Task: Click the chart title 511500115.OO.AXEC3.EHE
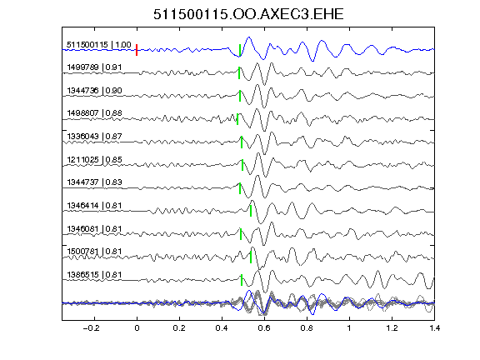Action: (x=248, y=14)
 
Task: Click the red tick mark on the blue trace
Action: (x=137, y=50)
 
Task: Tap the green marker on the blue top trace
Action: (x=240, y=50)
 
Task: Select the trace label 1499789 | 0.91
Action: (x=94, y=67)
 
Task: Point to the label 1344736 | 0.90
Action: (x=94, y=91)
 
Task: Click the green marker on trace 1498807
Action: (x=237, y=119)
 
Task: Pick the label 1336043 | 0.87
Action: (x=94, y=136)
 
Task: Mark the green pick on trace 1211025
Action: (x=242, y=165)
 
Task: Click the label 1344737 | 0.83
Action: (x=94, y=182)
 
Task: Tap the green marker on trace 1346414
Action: (x=251, y=211)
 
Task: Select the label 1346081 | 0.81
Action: (x=94, y=228)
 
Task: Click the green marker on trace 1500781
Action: (x=251, y=257)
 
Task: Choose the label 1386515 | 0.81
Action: (x=94, y=275)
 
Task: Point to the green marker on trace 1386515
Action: (x=242, y=280)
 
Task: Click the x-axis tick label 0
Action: (x=137, y=328)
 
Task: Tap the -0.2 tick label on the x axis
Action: (x=91, y=328)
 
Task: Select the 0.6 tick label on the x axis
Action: (x=264, y=328)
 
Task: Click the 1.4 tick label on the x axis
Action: (x=434, y=328)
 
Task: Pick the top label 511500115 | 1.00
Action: (x=98, y=45)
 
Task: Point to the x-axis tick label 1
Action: (x=349, y=328)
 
